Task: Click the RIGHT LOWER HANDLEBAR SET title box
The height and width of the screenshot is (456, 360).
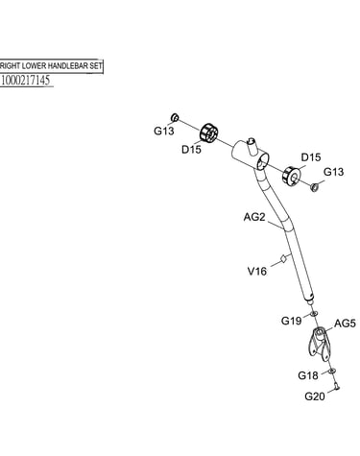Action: click(x=51, y=66)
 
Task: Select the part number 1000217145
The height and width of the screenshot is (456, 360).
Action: click(x=26, y=80)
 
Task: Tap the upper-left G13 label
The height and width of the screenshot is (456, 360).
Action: click(x=164, y=131)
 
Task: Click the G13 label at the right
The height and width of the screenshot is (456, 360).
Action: click(x=333, y=172)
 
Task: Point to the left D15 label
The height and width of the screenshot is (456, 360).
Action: click(x=191, y=150)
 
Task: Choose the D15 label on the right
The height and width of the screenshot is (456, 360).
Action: click(x=311, y=157)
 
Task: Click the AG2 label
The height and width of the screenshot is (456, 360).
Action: click(x=254, y=217)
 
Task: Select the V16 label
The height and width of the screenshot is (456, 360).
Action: click(x=257, y=272)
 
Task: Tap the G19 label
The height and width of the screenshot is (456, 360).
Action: click(x=291, y=321)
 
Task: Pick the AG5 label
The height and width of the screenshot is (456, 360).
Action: click(x=345, y=324)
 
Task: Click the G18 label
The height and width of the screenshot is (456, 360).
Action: click(x=308, y=375)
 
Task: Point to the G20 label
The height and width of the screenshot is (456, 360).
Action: click(x=315, y=396)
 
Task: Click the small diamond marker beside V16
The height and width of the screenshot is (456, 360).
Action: click(x=283, y=258)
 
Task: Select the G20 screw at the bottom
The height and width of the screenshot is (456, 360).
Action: click(x=336, y=387)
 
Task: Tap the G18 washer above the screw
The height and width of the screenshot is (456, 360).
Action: click(x=332, y=371)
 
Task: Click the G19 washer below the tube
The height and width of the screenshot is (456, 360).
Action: click(x=314, y=313)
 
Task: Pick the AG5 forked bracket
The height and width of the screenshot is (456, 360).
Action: click(x=319, y=344)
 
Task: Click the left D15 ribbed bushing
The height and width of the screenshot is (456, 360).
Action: click(x=208, y=132)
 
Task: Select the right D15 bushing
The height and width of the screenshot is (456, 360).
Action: click(x=291, y=177)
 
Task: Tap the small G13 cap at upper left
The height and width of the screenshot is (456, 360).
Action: click(x=175, y=117)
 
